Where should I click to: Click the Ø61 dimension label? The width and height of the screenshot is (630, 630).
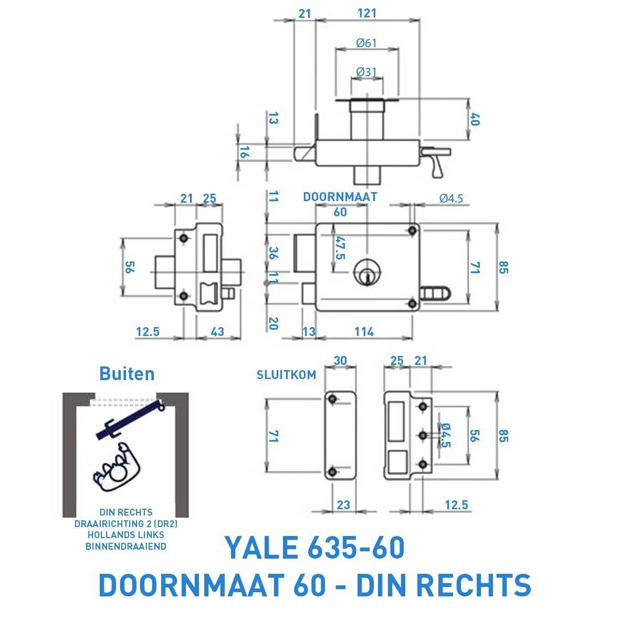pos(366,43)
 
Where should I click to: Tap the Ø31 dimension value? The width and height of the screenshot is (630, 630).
pos(366,71)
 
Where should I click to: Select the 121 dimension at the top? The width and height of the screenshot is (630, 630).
pos(366,13)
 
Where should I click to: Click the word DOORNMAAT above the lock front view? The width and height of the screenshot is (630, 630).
pos(340,197)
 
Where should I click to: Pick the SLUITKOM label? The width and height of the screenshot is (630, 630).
pos(286,375)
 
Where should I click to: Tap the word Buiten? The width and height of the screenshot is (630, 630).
pos(127,374)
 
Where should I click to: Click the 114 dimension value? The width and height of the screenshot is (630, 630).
pos(363,332)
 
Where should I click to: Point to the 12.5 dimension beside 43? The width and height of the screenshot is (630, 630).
pos(148,332)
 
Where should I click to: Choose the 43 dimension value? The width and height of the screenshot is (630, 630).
pos(217,332)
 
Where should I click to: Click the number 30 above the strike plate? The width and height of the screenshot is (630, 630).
pos(341,361)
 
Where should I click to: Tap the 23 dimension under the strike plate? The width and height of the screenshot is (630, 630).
pos(343,505)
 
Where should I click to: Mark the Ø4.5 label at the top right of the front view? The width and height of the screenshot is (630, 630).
pos(451,198)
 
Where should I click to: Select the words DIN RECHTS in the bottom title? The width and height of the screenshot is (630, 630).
pos(444,585)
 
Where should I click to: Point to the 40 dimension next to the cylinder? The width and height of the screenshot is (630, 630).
pos(475,120)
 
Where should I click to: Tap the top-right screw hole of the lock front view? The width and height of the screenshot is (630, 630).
pos(413,230)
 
